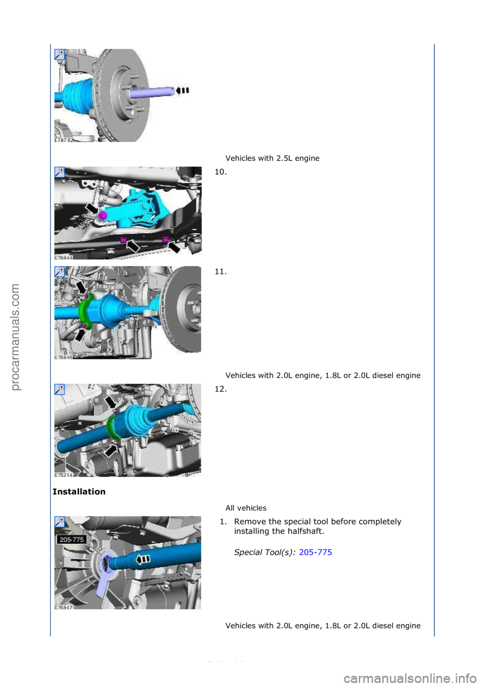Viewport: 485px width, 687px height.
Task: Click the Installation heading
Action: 79,492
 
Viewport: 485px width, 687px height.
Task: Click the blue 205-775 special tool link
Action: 315,552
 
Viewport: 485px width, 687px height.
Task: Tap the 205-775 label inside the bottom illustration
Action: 72,540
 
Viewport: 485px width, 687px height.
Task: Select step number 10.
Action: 220,172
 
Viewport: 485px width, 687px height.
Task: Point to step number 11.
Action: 220,272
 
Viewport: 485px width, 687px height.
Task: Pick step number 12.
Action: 220,389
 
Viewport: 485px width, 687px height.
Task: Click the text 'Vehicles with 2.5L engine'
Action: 272,158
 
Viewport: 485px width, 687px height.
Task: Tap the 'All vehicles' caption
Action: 246,508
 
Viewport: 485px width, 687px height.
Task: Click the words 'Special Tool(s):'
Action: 265,552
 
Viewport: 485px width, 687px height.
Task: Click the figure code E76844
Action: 64,257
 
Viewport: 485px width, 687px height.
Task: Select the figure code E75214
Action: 64,475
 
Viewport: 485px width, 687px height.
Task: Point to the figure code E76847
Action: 64,608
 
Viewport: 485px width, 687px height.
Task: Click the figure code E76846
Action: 64,357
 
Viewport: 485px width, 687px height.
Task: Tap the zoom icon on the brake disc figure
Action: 60,54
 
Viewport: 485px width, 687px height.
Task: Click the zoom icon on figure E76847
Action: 60,522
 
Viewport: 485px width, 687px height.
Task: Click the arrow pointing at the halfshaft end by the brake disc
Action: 182,91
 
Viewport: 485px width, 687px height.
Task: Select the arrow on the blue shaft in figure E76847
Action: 144,560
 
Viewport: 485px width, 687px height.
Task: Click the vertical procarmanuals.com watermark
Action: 15,337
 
